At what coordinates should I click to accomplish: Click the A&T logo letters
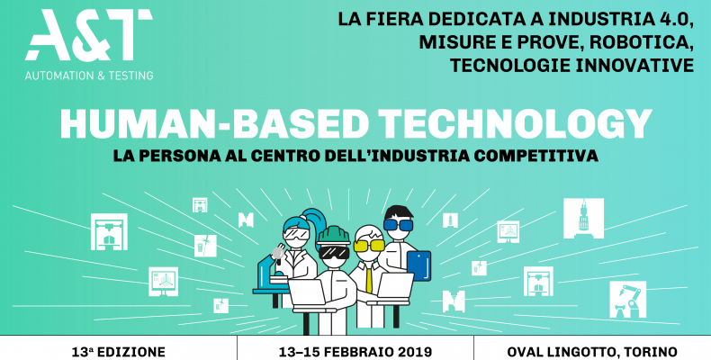[89, 35]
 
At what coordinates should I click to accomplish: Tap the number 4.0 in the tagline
[677, 19]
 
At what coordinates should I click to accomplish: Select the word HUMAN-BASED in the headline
[214, 123]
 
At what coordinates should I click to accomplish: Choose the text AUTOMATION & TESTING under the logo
[89, 76]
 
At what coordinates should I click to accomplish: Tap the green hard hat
[333, 235]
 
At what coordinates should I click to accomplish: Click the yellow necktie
[369, 278]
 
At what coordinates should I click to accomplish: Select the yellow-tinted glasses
[369, 246]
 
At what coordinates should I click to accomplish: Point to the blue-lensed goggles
[398, 225]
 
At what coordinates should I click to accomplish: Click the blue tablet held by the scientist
[418, 265]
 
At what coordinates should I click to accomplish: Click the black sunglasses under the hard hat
[334, 252]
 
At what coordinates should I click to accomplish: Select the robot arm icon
[627, 299]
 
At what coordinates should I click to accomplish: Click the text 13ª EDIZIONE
[118, 352]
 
